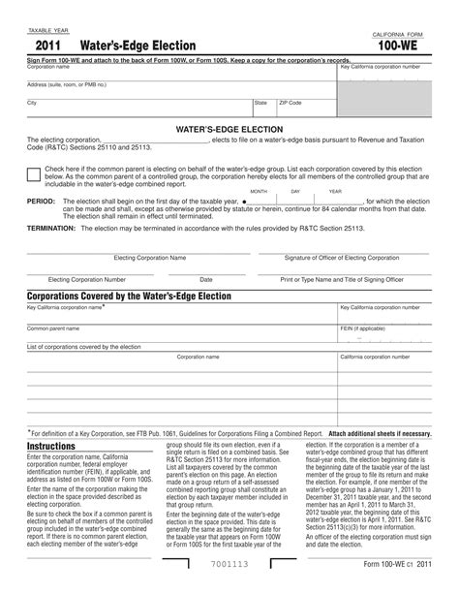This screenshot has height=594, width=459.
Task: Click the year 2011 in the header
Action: click(50, 47)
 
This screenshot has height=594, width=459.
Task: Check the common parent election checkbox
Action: click(34, 172)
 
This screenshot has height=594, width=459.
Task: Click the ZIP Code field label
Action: click(291, 102)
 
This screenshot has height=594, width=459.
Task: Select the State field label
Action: click(260, 102)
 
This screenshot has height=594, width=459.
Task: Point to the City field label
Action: click(32, 102)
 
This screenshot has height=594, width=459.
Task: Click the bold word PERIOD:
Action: click(42, 202)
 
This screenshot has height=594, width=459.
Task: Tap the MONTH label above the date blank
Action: click(259, 192)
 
